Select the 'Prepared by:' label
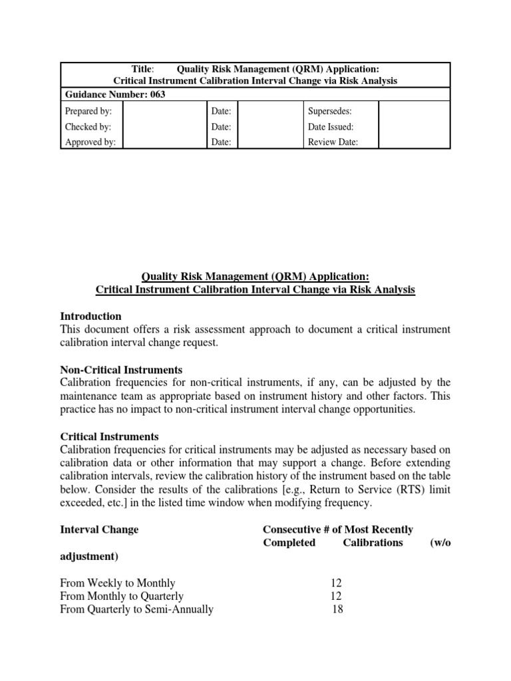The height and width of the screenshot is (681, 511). point(88,110)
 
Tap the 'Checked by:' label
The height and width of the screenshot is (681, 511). point(88,126)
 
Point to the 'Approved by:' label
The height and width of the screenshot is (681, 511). point(90,142)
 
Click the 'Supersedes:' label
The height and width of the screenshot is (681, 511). point(329,110)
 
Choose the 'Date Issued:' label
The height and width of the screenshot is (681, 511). point(331,126)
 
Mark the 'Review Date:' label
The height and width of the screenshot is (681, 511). point(333,142)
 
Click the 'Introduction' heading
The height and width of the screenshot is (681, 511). point(90,316)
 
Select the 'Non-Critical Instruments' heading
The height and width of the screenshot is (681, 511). point(121,369)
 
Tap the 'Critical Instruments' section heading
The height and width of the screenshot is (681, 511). point(110,436)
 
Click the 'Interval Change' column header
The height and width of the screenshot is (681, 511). point(100,529)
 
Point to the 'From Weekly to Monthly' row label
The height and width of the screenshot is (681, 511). point(118,583)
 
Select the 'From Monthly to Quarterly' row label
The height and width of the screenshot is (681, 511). point(122,596)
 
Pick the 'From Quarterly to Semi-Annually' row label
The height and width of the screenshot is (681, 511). point(137,609)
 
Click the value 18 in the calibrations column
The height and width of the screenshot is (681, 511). point(337,609)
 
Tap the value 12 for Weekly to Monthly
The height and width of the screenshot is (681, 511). point(336,583)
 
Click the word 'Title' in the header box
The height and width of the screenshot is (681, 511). point(142,68)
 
